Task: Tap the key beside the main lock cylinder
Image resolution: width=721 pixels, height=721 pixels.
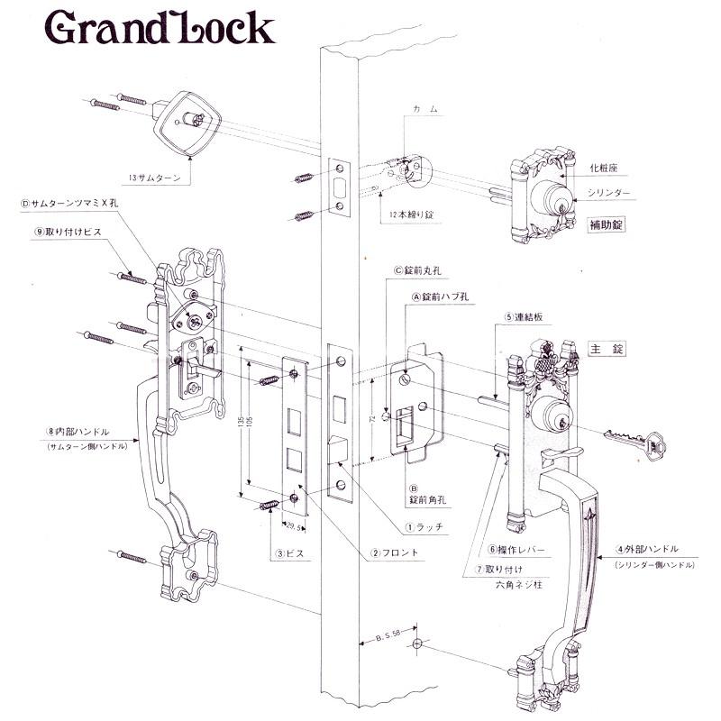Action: [635, 441]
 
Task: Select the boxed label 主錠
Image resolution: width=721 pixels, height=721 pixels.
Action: [605, 347]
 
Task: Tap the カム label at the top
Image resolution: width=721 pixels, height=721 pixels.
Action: [425, 109]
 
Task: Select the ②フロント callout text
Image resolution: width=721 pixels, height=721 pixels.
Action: [396, 552]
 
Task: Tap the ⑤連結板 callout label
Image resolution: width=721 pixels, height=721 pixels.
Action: [527, 317]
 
